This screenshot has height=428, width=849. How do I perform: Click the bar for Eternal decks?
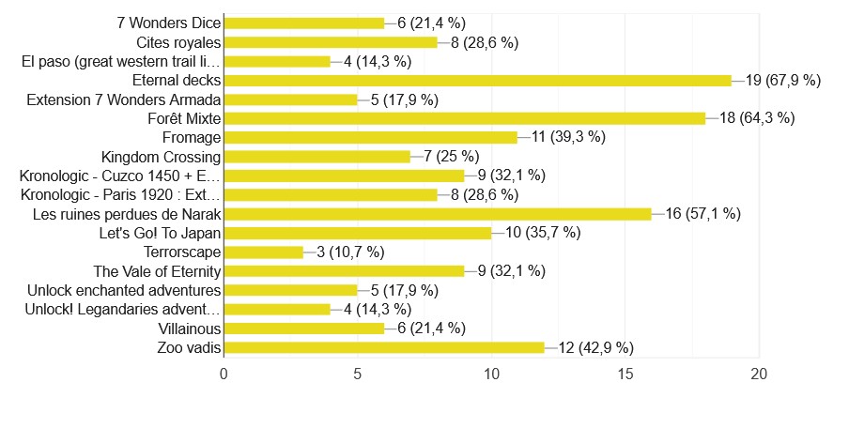[x=478, y=80]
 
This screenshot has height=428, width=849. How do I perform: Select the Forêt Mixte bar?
[x=465, y=118]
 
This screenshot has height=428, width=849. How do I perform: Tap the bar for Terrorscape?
[x=264, y=252]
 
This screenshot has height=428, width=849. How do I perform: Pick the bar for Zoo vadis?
[x=384, y=348]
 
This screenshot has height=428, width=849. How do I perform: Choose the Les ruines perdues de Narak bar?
[x=438, y=214]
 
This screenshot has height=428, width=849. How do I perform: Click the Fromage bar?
[x=371, y=137]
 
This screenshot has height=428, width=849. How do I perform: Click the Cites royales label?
[x=178, y=42]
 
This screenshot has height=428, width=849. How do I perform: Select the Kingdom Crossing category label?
[x=161, y=157]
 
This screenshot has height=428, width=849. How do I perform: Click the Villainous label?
[x=190, y=329]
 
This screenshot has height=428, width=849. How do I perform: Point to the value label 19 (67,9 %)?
[x=783, y=80]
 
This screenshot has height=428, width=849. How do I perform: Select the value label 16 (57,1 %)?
[x=703, y=214]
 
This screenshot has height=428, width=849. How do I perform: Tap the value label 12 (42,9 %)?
[x=595, y=348]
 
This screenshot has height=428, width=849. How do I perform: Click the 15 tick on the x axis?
[x=625, y=374]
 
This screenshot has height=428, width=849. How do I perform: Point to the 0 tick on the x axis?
[x=224, y=374]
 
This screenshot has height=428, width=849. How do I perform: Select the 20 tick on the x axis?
[x=759, y=374]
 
